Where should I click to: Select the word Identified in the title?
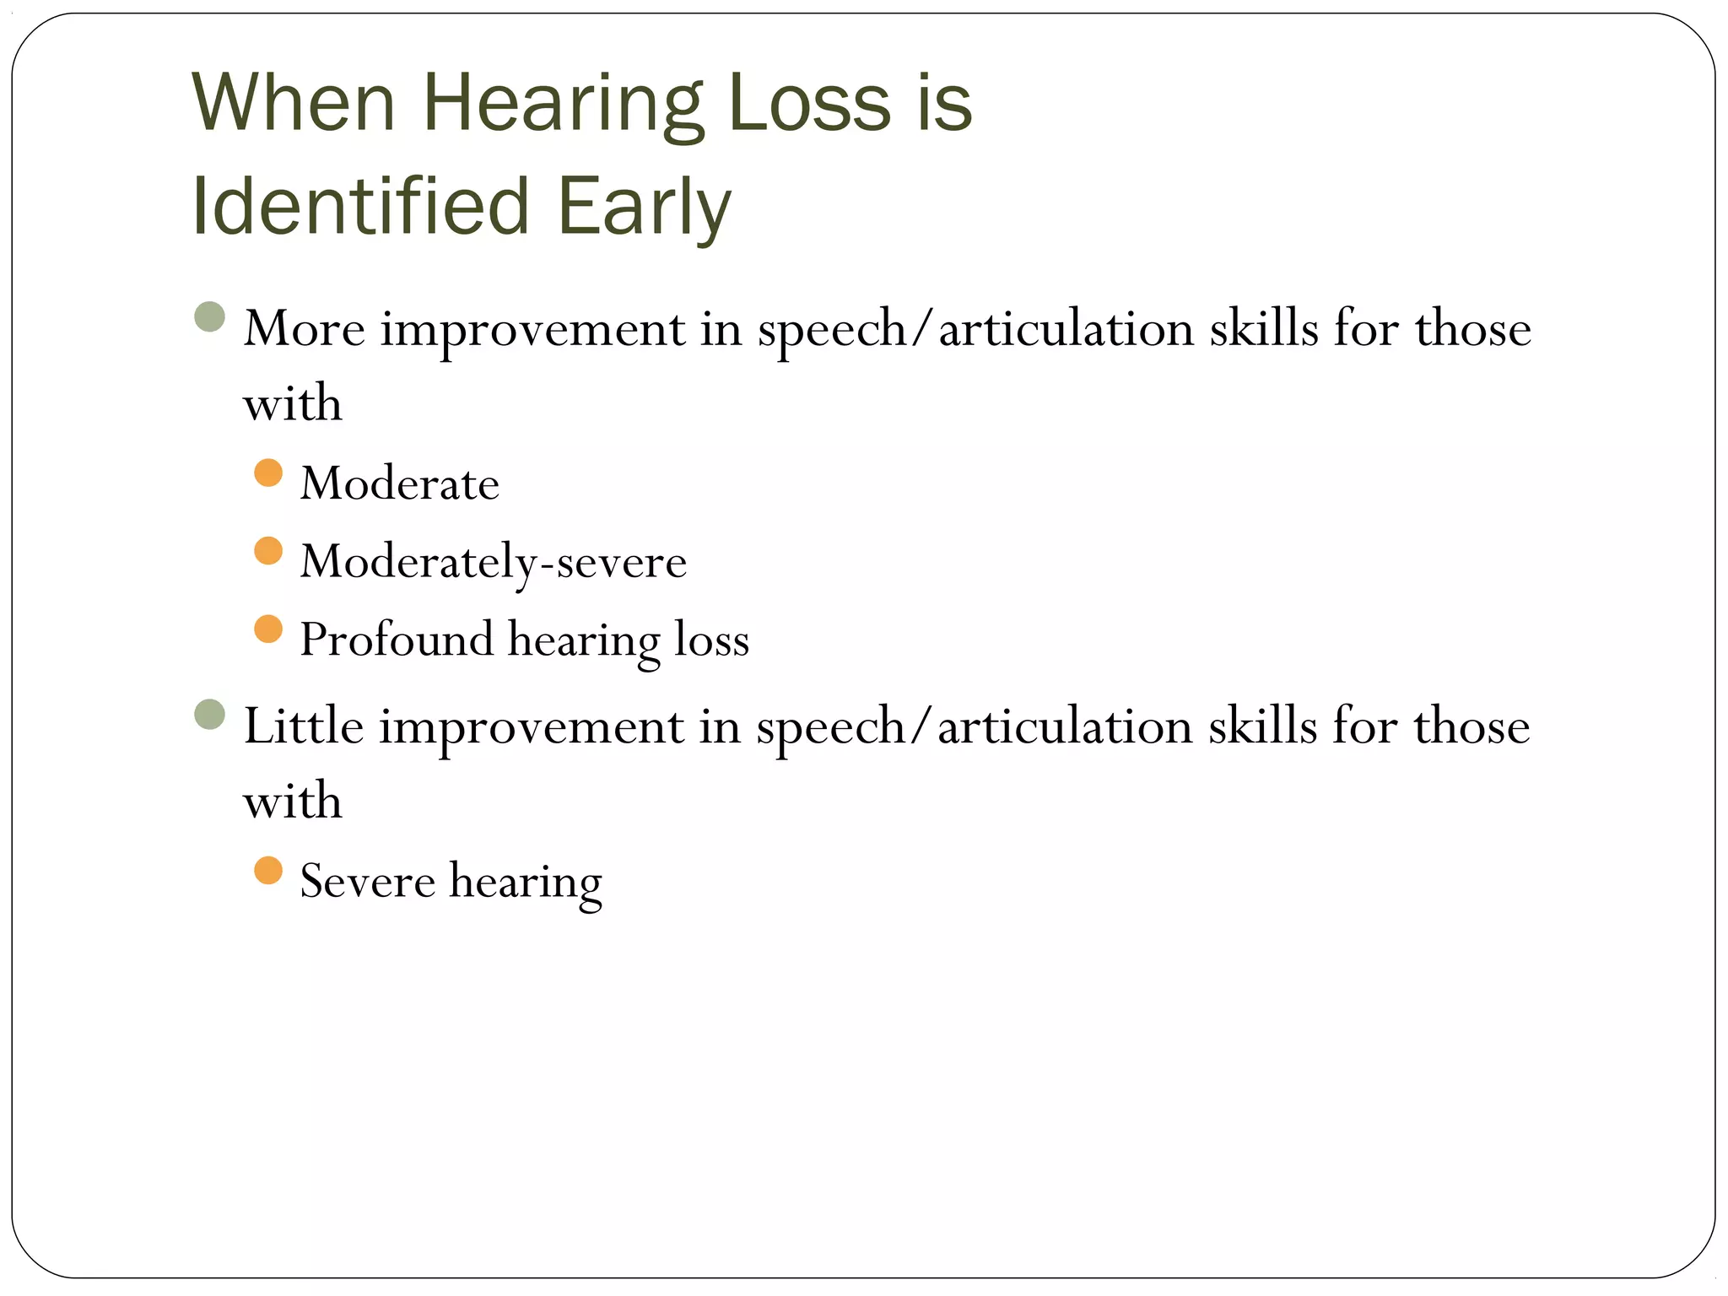tap(360, 207)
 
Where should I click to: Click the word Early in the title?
tap(643, 207)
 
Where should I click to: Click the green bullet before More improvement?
tap(209, 317)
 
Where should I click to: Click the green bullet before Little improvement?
tap(209, 714)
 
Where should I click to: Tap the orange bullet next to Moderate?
tap(267, 472)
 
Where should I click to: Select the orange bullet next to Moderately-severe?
tap(267, 551)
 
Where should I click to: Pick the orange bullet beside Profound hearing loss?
tap(267, 629)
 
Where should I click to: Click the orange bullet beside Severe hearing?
tap(267, 870)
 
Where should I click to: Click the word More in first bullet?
tap(304, 329)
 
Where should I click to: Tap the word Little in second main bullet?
tap(303, 726)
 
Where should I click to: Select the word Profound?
tap(396, 640)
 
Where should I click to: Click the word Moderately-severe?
tap(493, 562)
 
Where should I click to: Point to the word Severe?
tap(367, 882)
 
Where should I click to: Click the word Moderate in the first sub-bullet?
tap(399, 484)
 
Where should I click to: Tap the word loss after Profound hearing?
tap(711, 640)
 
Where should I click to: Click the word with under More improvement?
tap(292, 403)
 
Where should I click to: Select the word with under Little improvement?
tap(292, 801)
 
